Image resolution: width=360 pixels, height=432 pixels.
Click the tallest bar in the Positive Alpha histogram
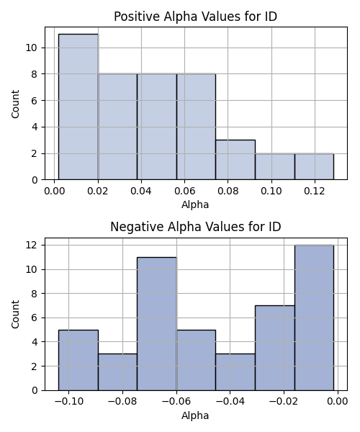(78, 107)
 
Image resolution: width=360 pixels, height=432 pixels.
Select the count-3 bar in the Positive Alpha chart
(235, 160)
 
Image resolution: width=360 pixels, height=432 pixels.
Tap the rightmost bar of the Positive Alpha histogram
(314, 167)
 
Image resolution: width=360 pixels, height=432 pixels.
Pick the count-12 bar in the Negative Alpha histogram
(314, 318)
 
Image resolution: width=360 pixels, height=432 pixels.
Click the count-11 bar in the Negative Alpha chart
(157, 324)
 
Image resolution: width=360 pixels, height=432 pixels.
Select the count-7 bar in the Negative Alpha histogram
(275, 348)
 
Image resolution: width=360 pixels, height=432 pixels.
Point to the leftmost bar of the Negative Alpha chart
(78, 360)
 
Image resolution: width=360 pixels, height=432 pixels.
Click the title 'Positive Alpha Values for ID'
(196, 17)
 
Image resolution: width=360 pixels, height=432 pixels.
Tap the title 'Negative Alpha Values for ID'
(196, 227)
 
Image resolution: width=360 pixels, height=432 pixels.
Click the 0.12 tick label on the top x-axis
(315, 191)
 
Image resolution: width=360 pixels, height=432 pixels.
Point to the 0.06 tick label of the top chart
(185, 191)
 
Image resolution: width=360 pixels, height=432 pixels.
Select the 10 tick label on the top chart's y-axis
(31, 48)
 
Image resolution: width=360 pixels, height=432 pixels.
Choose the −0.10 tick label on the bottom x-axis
(69, 402)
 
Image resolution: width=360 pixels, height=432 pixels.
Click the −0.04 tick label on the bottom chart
(230, 402)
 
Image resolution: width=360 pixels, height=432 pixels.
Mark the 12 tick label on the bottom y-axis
(31, 246)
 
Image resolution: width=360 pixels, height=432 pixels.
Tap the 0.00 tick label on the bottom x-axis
(338, 402)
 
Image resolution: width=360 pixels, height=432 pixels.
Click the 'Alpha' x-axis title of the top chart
(195, 204)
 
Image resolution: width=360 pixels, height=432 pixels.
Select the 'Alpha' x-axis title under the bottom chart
(195, 415)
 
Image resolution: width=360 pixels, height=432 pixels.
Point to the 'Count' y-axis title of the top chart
(15, 104)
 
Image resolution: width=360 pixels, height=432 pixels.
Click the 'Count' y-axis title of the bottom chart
(15, 315)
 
